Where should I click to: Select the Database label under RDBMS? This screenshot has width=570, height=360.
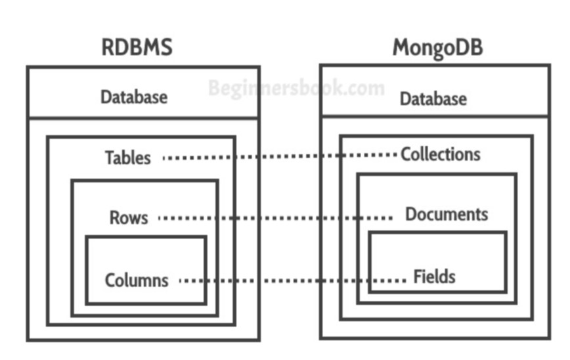pos(134,97)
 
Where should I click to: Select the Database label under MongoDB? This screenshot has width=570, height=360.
pos(433,99)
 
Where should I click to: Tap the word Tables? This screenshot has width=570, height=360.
pos(127,158)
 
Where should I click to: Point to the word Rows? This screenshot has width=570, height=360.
pos(129,217)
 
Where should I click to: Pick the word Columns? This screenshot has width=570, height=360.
pos(137,281)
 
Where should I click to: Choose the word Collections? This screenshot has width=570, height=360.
pos(441,154)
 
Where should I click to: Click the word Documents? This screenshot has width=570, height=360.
pos(447,214)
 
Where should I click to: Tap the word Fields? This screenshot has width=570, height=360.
pos(434,277)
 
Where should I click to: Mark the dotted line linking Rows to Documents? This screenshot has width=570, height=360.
pos(276,217)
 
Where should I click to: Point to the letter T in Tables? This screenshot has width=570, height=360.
pos(109,158)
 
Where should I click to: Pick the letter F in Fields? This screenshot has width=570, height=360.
pos(418,277)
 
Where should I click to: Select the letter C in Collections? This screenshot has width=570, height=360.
pos(405,154)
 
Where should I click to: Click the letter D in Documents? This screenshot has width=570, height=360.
pos(410,214)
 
